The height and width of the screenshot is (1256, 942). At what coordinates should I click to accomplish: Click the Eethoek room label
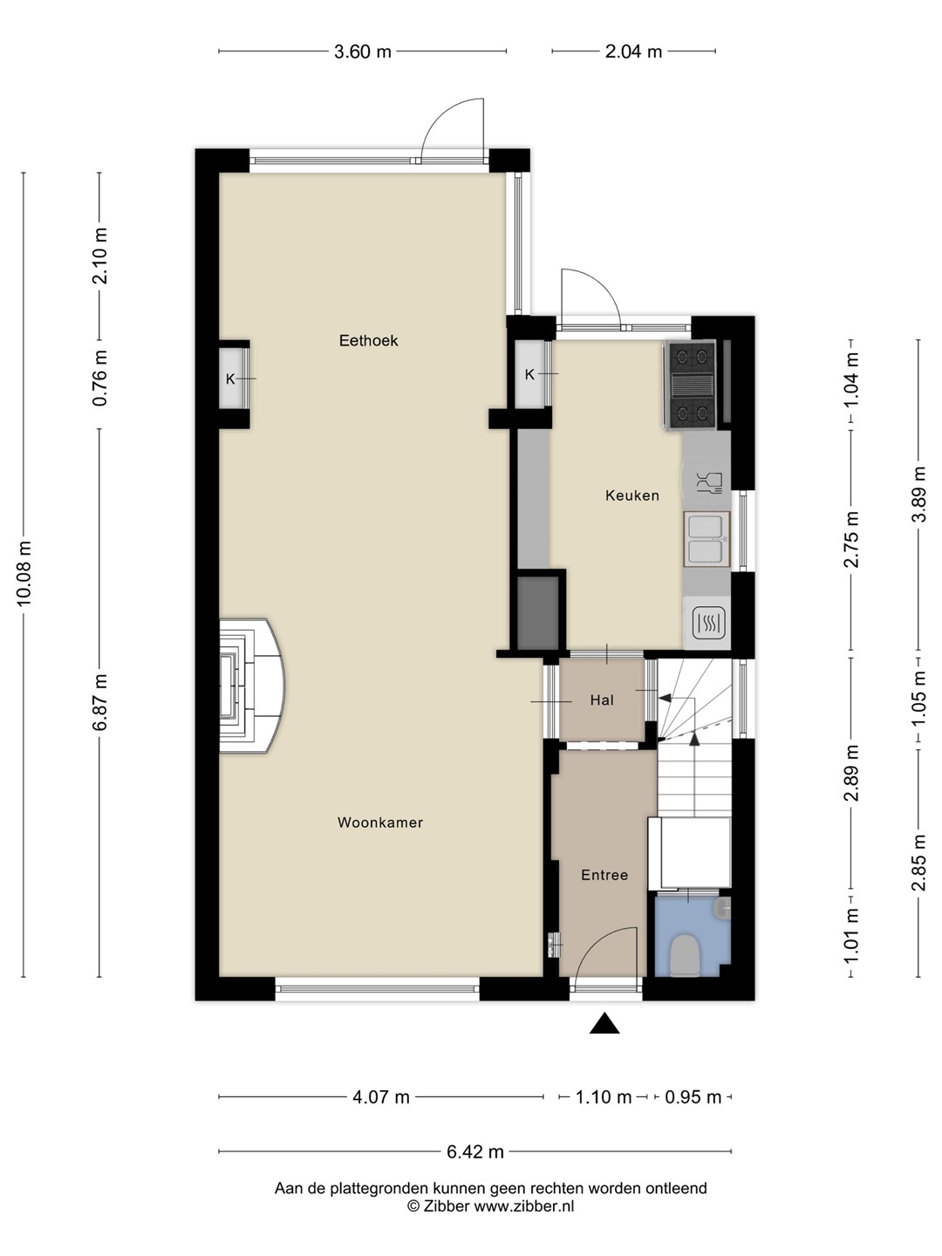368,341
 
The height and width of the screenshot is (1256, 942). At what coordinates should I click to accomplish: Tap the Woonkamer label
380,823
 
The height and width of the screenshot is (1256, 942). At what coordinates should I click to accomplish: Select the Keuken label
632,495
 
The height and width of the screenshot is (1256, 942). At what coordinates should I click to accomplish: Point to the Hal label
602,700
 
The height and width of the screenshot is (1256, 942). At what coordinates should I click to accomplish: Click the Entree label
604,875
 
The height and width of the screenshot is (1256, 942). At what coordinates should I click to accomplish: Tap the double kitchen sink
706,539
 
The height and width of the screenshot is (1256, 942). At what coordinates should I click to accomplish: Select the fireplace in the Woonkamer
252,686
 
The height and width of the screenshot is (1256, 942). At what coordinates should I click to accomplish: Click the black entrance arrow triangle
604,1024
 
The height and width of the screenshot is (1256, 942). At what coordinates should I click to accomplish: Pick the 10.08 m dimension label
24,573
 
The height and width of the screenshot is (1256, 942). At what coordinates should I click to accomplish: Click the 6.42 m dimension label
475,1152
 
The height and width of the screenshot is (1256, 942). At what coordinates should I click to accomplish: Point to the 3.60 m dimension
363,52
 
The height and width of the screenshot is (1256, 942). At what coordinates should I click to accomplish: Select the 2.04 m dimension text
634,52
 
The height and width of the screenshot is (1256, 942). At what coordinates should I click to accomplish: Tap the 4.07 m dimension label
381,1097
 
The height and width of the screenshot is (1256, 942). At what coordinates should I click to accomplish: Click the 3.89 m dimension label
918,495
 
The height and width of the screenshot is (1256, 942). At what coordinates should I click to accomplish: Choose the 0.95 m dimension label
693,1097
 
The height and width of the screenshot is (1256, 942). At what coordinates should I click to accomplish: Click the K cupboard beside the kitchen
530,375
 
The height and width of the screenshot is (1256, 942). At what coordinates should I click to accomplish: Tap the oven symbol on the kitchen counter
708,623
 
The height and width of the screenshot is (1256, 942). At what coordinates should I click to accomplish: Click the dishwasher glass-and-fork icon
709,482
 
